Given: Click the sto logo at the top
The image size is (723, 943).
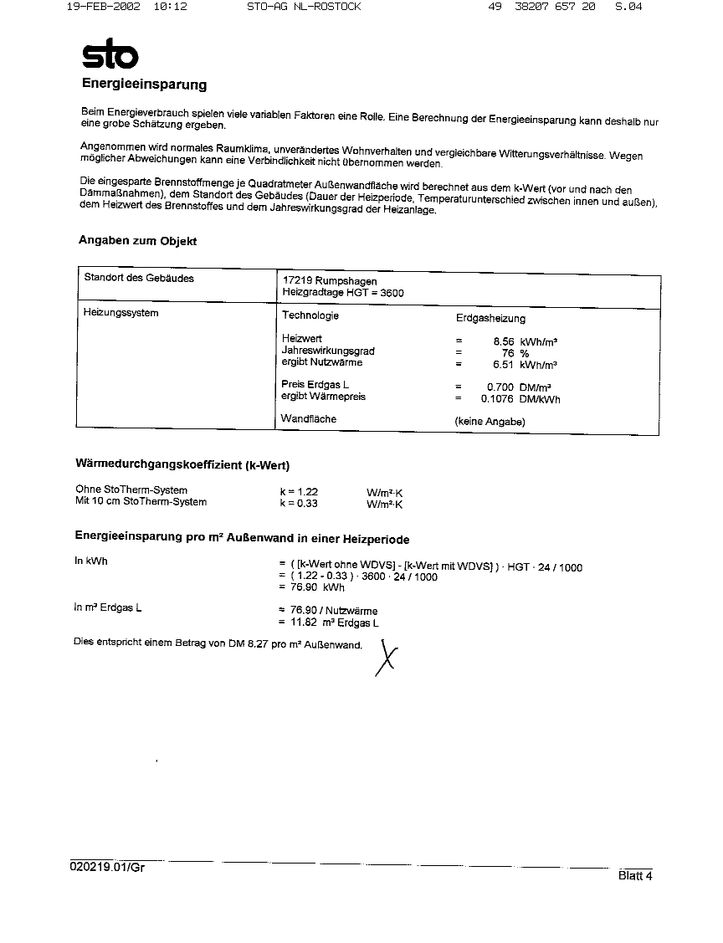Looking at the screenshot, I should pyautogui.click(x=109, y=55).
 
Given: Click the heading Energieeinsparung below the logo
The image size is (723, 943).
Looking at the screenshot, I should pyautogui.click(x=144, y=85).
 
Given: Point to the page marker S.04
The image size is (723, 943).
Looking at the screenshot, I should pyautogui.click(x=628, y=7).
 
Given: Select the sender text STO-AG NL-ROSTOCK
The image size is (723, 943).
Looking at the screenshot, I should pyautogui.click(x=304, y=7).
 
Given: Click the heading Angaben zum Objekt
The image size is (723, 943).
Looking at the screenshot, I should pyautogui.click(x=138, y=241).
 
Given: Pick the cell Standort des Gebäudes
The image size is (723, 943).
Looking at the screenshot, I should pyautogui.click(x=139, y=279).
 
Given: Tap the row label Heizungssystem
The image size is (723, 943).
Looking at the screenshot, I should pyautogui.click(x=121, y=314).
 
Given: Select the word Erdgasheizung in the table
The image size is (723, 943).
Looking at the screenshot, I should pyautogui.click(x=490, y=319).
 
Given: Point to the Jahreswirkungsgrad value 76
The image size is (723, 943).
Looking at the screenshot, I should pyautogui.click(x=507, y=353).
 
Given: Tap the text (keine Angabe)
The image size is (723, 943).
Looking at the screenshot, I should pyautogui.click(x=490, y=422).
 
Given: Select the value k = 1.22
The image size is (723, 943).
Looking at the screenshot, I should pyautogui.click(x=299, y=492).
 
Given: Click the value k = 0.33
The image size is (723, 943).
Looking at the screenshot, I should pyautogui.click(x=299, y=504).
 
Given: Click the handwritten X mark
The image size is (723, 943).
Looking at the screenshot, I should pyautogui.click(x=386, y=658).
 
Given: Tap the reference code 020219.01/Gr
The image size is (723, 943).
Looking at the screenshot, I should pyautogui.click(x=108, y=868).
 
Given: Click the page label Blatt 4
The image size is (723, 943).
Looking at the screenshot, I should pyautogui.click(x=635, y=876).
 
